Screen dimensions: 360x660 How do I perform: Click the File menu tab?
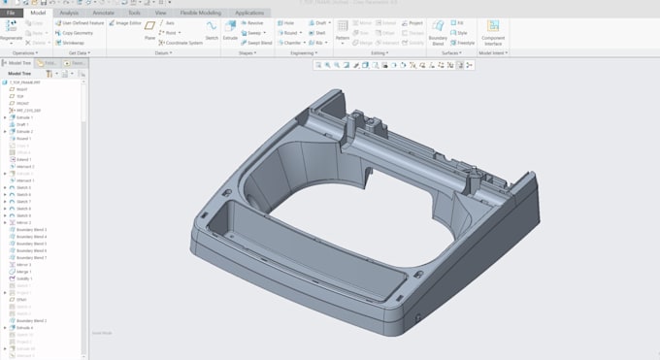tap(11, 13)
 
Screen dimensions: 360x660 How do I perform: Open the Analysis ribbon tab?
tap(69, 13)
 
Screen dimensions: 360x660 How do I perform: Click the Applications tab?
tap(248, 13)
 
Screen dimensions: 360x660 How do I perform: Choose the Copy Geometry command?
tap(77, 32)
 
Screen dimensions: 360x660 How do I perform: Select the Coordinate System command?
tap(181, 43)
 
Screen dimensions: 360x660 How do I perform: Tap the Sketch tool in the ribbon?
tap(211, 30)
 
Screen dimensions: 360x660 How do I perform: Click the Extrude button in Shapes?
tap(230, 30)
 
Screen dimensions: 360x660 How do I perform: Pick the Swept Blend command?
tap(256, 43)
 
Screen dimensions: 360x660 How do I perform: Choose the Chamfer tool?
tap(291, 43)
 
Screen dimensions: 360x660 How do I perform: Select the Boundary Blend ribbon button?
tap(438, 32)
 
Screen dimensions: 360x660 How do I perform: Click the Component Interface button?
tap(492, 32)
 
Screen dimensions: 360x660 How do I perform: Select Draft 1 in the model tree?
tap(21, 124)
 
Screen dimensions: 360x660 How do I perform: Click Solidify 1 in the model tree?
tap(24, 278)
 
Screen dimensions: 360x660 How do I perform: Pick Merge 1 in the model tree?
tap(23, 272)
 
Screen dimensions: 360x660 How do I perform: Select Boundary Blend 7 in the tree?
tap(31, 257)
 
